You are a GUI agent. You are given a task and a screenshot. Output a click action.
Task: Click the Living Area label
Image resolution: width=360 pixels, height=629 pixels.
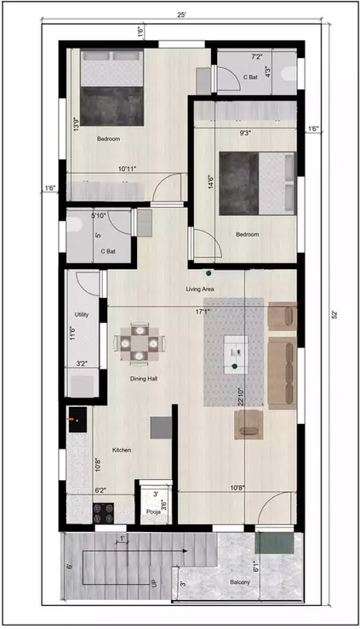coord(200,289)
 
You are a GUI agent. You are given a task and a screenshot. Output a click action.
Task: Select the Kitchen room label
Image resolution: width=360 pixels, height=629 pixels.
coord(122,449)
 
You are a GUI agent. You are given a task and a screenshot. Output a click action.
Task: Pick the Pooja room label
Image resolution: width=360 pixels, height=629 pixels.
coord(153,512)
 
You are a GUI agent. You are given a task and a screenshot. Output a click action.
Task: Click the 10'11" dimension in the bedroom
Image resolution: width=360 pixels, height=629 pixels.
coord(129,169)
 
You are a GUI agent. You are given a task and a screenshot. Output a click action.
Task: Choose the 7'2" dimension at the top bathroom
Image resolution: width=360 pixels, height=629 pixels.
coord(255,56)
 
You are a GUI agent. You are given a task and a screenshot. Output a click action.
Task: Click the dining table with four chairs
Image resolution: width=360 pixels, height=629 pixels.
coord(137,342)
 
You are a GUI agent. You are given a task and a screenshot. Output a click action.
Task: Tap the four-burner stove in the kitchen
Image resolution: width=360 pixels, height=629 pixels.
coord(104,513)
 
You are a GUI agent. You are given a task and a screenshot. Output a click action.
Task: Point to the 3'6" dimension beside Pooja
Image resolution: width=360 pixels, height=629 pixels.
coord(165,503)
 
